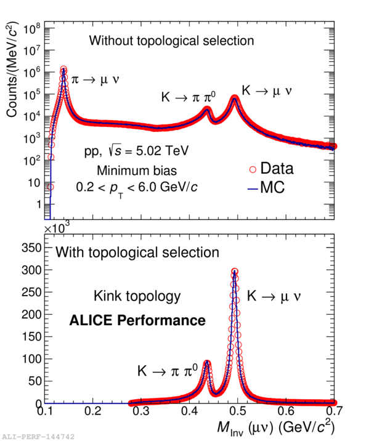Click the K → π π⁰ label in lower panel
tap(167, 371)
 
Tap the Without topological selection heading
tap(171, 41)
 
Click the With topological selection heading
tap(137, 253)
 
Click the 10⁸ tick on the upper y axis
tap(33, 28)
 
